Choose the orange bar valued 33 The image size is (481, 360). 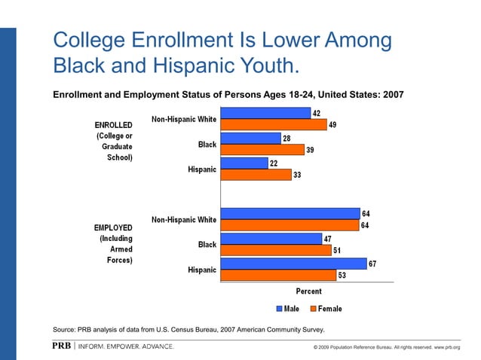[x=256, y=175]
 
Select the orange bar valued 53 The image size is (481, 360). [x=279, y=275]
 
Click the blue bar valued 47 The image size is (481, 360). [x=272, y=239]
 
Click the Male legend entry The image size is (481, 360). [x=288, y=309]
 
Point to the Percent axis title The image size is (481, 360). [x=308, y=291]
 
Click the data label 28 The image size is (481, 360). [x=286, y=138]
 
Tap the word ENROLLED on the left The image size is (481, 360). [x=113, y=124]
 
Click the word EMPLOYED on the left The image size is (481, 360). [x=113, y=227]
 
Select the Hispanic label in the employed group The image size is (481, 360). [x=201, y=270]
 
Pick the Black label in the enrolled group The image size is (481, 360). [x=207, y=145]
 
